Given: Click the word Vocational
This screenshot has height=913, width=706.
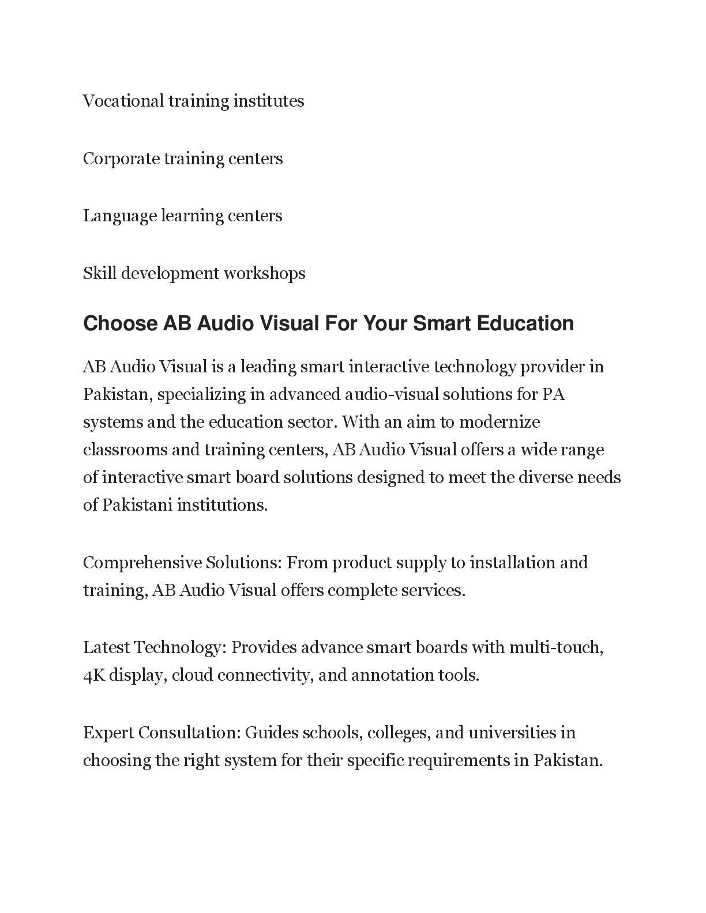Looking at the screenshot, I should click(123, 101).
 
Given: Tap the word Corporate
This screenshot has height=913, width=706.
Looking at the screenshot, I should click(121, 159).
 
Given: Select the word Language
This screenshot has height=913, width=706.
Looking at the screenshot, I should click(120, 216).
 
